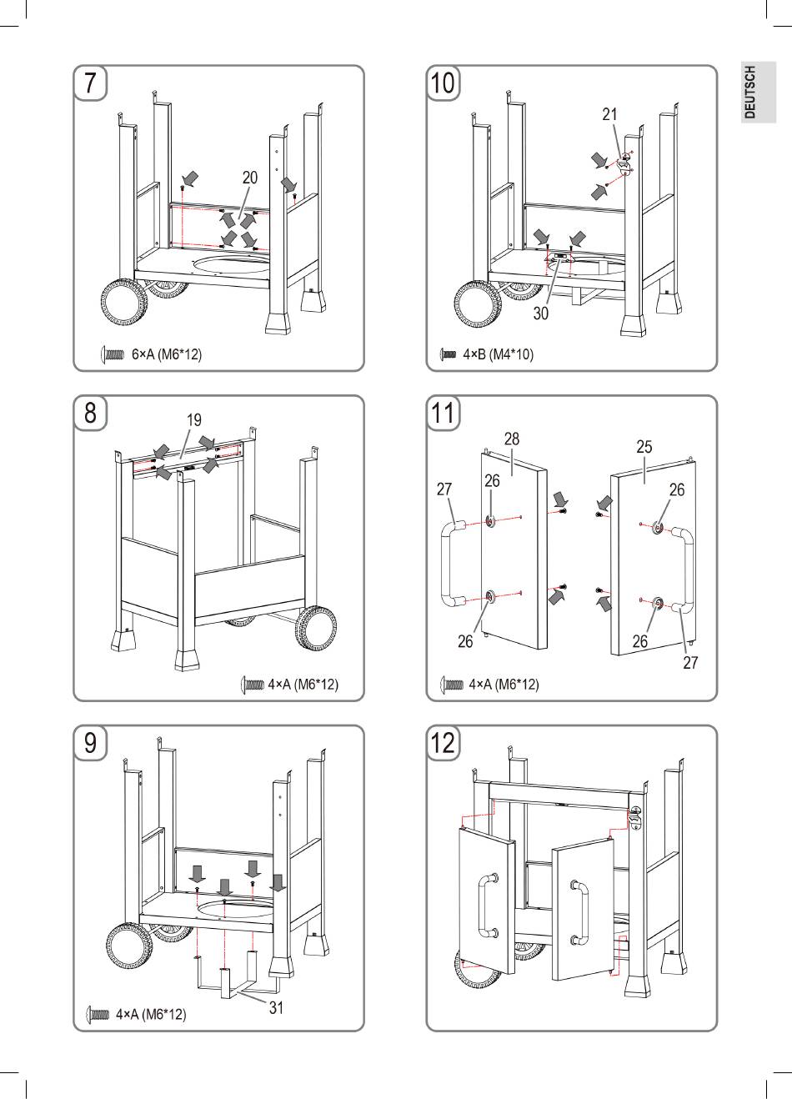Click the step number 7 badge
point(90,83)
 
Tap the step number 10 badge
point(443,83)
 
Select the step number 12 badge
point(443,743)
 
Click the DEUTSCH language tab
point(758,93)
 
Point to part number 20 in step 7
point(249,178)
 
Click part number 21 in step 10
point(609,114)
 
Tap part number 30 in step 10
point(540,314)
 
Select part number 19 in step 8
point(193,420)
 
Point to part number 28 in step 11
point(512,439)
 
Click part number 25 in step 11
point(644,447)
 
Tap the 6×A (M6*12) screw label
point(167,354)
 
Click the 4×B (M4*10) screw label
point(499,354)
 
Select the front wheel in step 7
point(124,302)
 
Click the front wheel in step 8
point(316,629)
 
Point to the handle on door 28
point(454,565)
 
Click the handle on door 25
point(683,570)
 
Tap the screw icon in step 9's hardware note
point(98,1014)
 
